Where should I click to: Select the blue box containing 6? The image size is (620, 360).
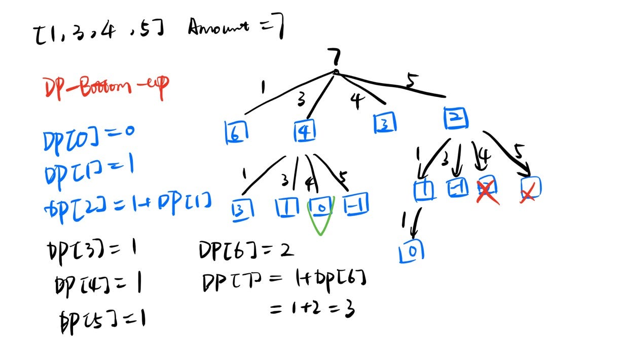[x=236, y=132]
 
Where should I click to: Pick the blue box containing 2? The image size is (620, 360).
[x=455, y=118]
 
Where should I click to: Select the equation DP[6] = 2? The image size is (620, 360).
[x=246, y=250]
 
